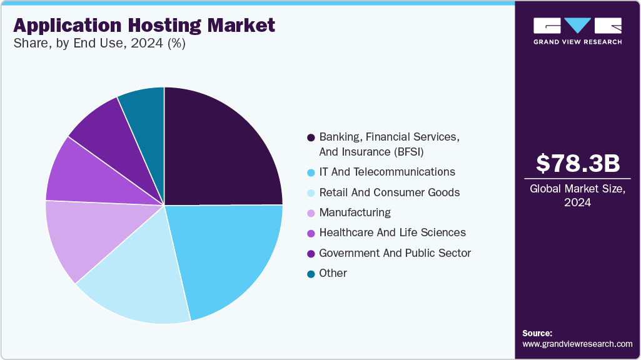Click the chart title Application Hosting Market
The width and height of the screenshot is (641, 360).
click(144, 26)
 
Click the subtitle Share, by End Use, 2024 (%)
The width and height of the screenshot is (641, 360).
click(99, 44)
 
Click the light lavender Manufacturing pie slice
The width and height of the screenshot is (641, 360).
click(78, 237)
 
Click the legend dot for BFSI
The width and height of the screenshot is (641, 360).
click(311, 137)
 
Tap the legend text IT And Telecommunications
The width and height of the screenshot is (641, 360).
click(387, 171)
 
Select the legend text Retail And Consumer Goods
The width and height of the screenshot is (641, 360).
click(389, 192)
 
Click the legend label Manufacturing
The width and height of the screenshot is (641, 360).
click(355, 212)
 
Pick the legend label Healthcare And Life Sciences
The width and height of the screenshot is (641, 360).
click(392, 232)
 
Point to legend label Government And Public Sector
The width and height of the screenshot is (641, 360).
click(395, 253)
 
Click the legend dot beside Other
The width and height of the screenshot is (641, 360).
click(311, 274)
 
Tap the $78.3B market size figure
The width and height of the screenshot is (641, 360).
click(578, 164)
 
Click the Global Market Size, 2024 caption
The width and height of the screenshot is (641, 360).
click(578, 195)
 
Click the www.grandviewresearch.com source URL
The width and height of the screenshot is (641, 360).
click(577, 344)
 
